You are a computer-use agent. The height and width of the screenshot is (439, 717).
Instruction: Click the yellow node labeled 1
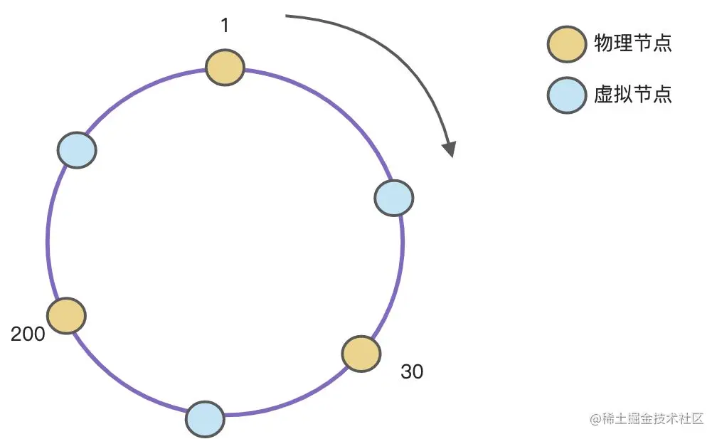(x=225, y=68)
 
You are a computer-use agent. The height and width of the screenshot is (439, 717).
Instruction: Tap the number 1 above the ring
(x=225, y=26)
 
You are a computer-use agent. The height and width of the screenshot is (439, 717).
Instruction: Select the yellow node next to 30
(x=361, y=354)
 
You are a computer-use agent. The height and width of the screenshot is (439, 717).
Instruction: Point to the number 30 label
(x=412, y=371)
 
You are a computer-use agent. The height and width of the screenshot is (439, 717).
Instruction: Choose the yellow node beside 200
(x=67, y=315)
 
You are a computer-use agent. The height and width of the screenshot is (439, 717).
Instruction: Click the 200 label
(x=28, y=334)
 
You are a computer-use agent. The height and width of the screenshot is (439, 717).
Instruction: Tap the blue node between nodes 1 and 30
(x=393, y=198)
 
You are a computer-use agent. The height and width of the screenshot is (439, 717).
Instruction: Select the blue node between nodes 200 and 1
(x=76, y=150)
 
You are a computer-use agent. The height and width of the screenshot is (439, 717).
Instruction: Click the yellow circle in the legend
(x=566, y=44)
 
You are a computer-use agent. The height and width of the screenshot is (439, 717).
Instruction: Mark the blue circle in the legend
(x=566, y=95)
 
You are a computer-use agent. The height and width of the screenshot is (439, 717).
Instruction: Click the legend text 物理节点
(x=632, y=43)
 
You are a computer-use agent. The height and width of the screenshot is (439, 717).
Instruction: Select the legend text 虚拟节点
(x=632, y=95)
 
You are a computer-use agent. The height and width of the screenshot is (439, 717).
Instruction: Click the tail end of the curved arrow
(x=287, y=16)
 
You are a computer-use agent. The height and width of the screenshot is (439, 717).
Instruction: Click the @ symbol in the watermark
(x=595, y=419)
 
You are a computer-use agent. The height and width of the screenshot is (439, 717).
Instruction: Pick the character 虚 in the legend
(x=603, y=95)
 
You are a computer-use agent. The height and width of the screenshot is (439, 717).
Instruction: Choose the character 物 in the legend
(x=603, y=43)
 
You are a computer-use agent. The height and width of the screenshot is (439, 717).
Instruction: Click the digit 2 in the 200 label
(x=17, y=334)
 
